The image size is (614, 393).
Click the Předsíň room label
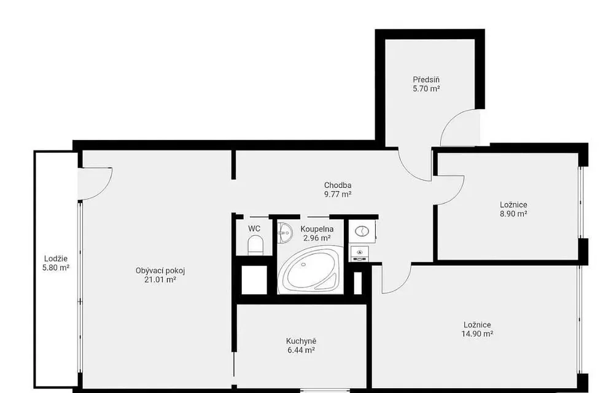tap(426, 79)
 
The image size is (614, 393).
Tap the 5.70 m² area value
tap(426, 88)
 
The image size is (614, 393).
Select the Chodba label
tap(338, 185)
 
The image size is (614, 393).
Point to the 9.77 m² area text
tap(338, 194)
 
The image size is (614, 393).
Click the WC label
tap(254, 228)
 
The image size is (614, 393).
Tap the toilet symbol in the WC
tap(255, 245)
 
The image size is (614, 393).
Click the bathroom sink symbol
tap(285, 233)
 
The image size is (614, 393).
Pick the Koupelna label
tap(317, 229)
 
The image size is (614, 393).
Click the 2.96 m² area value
tap(317, 238)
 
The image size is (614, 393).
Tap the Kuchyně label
tap(301, 341)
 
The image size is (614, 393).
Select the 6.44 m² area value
tap(301, 350)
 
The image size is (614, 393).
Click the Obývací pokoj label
tap(160, 270)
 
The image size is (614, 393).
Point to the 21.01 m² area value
tap(160, 279)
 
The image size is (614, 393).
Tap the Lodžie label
tap(56, 259)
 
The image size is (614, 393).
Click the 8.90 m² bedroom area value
tap(513, 214)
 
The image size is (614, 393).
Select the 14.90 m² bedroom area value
tap(477, 334)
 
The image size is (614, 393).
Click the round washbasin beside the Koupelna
tap(362, 231)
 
